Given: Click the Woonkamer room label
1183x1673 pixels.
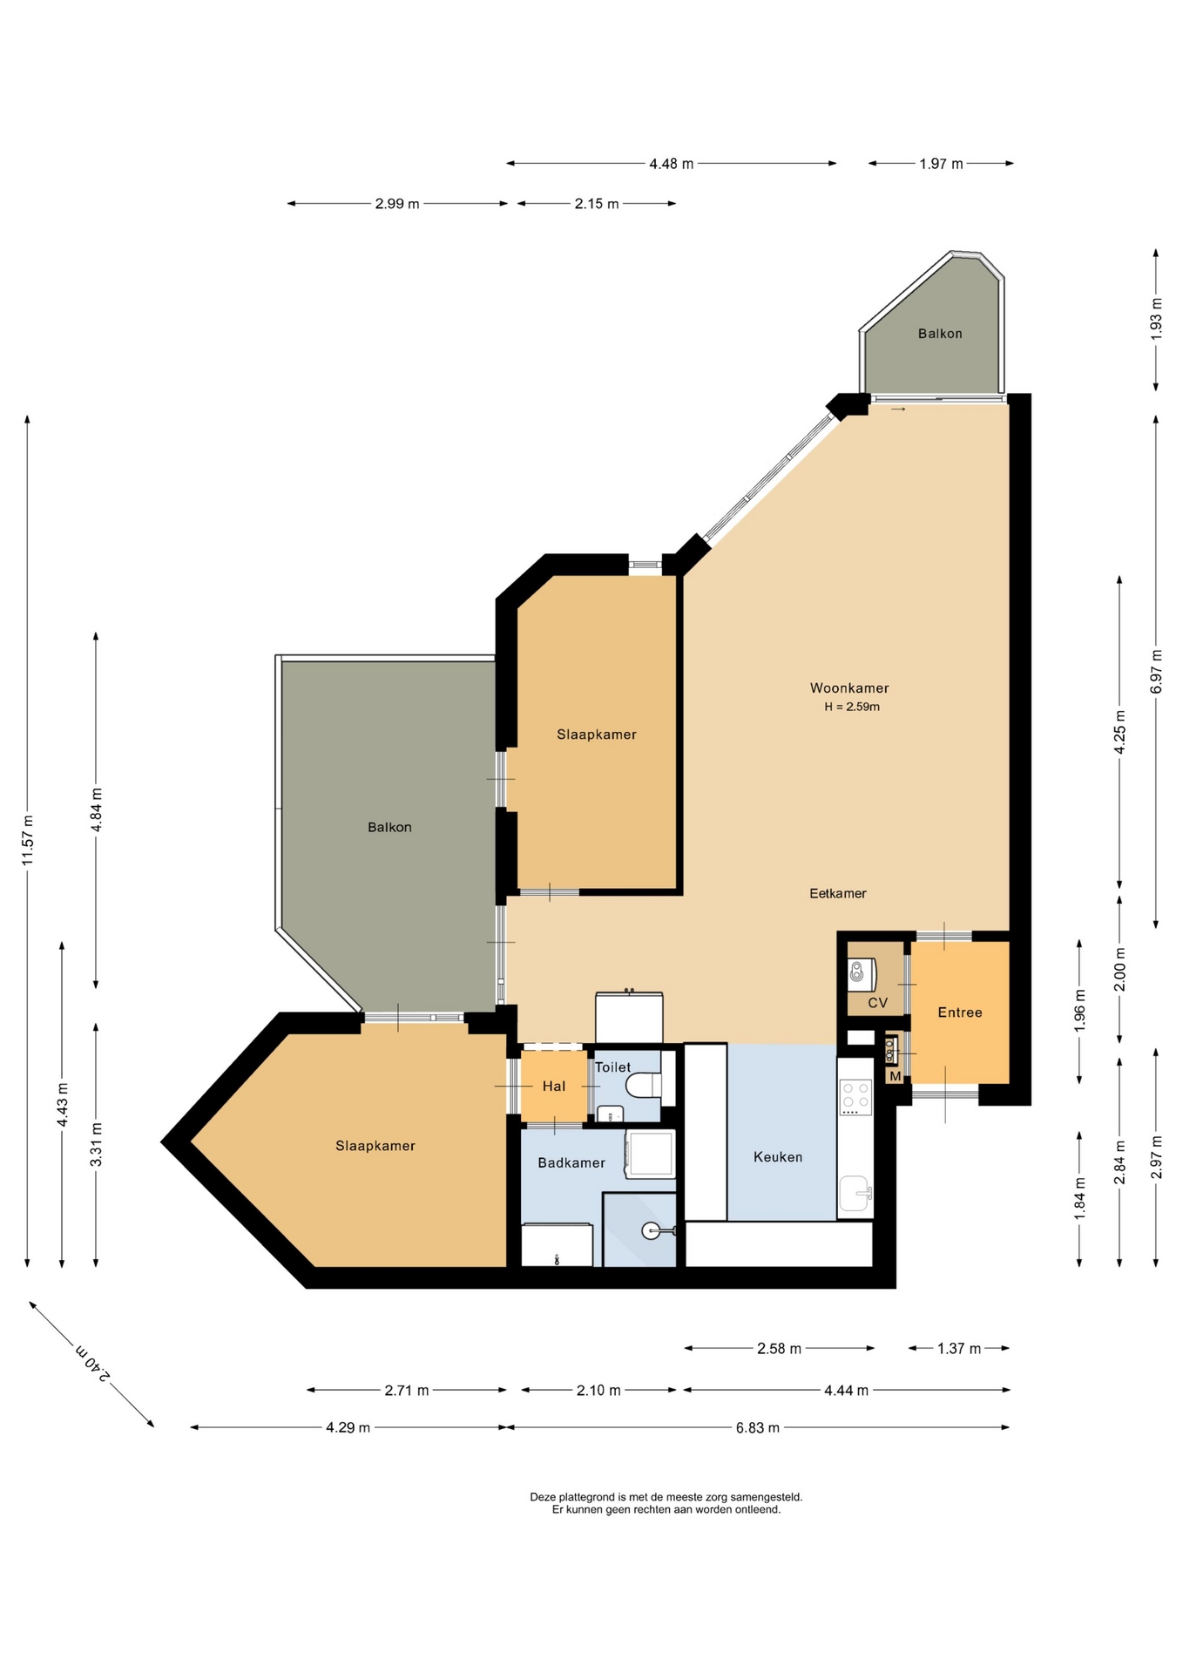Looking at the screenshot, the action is click(x=849, y=688).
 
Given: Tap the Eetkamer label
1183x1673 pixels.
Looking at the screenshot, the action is click(x=838, y=893).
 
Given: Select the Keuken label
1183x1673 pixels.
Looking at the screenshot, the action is click(x=778, y=1157).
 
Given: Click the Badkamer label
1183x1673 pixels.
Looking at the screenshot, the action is click(x=571, y=1162).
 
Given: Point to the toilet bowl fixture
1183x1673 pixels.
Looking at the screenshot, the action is click(x=646, y=1087).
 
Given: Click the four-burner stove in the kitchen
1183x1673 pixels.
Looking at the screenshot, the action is click(x=855, y=1098).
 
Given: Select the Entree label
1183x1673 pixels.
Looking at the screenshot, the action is click(x=960, y=1013).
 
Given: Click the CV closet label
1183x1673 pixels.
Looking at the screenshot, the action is click(x=878, y=1003).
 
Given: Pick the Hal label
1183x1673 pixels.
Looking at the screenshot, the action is click(x=554, y=1086).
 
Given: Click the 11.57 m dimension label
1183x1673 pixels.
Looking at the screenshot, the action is click(x=28, y=840).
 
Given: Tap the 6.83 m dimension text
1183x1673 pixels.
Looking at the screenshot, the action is click(x=758, y=1427).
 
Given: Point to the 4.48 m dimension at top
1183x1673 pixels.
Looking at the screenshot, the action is click(x=672, y=163).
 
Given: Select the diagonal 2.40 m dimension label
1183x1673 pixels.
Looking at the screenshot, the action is click(x=92, y=1364).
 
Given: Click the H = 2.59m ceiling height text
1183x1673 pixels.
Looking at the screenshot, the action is click(x=852, y=707).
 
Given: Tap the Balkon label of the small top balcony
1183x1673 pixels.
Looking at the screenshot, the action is click(x=940, y=334).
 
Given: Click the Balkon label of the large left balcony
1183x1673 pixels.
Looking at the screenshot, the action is click(x=389, y=827).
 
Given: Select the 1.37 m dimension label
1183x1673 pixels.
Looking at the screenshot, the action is click(x=959, y=1349).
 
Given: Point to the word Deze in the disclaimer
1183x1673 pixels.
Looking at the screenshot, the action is click(x=544, y=1497).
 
